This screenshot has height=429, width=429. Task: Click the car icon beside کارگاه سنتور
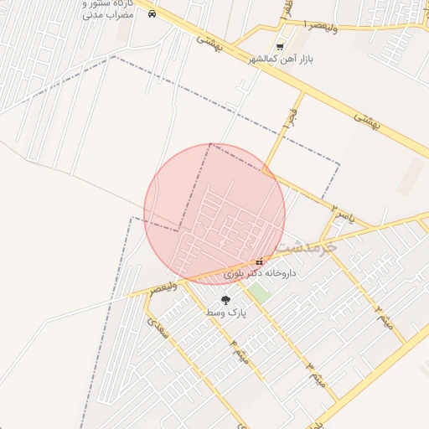(x=151, y=14)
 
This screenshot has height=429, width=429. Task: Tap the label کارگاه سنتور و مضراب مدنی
(x=109, y=9)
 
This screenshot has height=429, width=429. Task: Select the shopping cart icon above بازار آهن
(x=280, y=47)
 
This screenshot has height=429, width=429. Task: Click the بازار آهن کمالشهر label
(x=274, y=59)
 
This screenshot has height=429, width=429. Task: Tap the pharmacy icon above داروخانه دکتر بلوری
(x=258, y=261)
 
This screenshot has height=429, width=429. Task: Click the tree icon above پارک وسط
(x=225, y=299)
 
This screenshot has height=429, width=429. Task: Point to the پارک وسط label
(x=225, y=313)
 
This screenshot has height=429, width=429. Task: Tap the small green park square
(x=259, y=293)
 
